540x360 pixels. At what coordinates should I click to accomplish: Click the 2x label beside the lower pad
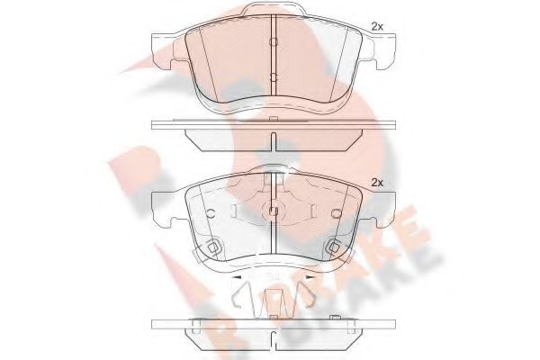coord(379,184)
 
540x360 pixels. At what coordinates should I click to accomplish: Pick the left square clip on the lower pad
coord(212,247)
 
